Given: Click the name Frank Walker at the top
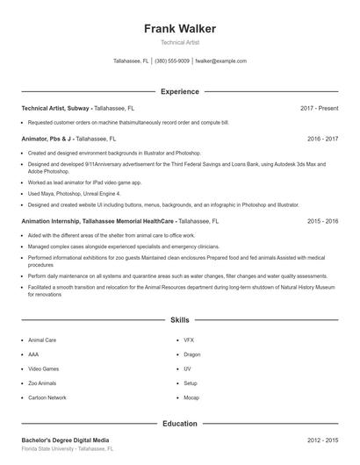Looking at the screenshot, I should [180, 29].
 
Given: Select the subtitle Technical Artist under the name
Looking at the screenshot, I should [180, 43].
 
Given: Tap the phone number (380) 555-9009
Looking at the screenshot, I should [172, 61].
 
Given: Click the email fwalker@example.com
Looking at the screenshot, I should [220, 61].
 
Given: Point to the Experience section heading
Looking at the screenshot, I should [180, 91].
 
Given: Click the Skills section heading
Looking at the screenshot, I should [180, 320].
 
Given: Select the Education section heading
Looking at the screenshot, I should [180, 424].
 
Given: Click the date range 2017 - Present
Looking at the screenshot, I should [319, 108].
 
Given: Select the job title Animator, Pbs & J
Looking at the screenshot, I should [47, 139].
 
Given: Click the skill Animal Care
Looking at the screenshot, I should [42, 340].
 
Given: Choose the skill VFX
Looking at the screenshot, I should [188, 340].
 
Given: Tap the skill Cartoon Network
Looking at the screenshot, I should [47, 397].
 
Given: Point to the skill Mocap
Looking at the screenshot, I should [191, 397].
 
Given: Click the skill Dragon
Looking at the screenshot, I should [191, 354].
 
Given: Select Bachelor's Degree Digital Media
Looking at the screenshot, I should [66, 440].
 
